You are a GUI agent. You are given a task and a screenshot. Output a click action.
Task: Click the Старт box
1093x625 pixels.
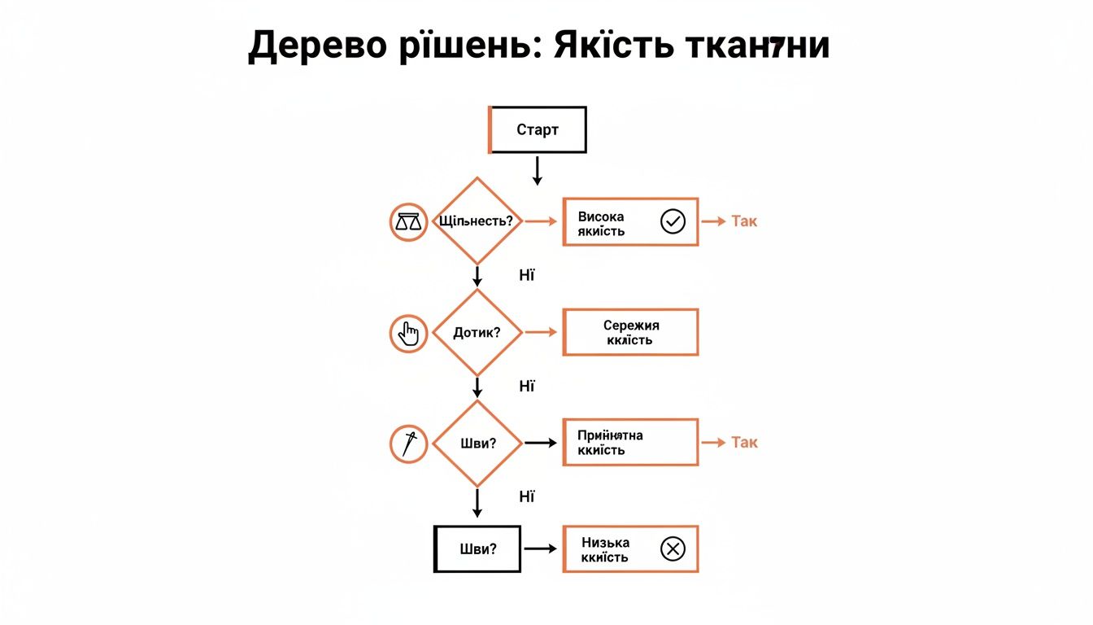coord(537,129)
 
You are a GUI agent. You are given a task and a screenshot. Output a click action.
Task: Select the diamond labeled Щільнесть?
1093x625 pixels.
coord(477,221)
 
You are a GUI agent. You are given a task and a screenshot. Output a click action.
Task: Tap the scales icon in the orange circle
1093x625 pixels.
coord(408,221)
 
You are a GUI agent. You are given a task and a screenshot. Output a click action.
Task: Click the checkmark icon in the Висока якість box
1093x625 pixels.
coord(673,221)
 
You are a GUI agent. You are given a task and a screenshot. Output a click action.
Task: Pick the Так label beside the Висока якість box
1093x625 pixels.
coord(743,221)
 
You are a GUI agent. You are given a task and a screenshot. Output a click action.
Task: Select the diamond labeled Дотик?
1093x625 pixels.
coord(477,332)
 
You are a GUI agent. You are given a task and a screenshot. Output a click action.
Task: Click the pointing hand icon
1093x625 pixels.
coord(408,333)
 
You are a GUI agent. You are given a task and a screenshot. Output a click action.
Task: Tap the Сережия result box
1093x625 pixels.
coord(630,332)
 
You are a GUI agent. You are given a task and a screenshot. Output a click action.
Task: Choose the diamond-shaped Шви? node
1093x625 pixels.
coord(477,443)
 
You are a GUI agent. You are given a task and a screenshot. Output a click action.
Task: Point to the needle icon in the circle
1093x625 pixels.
coord(408,444)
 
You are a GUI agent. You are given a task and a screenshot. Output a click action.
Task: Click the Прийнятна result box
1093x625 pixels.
coord(630,443)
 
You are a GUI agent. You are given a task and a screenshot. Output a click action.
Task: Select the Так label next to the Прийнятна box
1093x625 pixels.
coord(743,443)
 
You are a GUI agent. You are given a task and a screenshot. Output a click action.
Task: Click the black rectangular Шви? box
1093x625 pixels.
coord(477,549)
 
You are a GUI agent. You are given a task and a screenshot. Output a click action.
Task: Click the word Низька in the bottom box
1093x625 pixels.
coord(605,542)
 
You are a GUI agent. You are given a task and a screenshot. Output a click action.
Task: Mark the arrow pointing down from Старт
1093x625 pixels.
coord(537,170)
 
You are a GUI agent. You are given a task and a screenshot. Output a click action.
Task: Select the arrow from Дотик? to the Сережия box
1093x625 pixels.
coord(541,332)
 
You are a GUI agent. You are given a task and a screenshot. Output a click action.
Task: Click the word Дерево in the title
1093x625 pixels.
coord(305,46)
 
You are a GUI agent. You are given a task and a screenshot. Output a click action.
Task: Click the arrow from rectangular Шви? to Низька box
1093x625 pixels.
coord(540,549)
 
